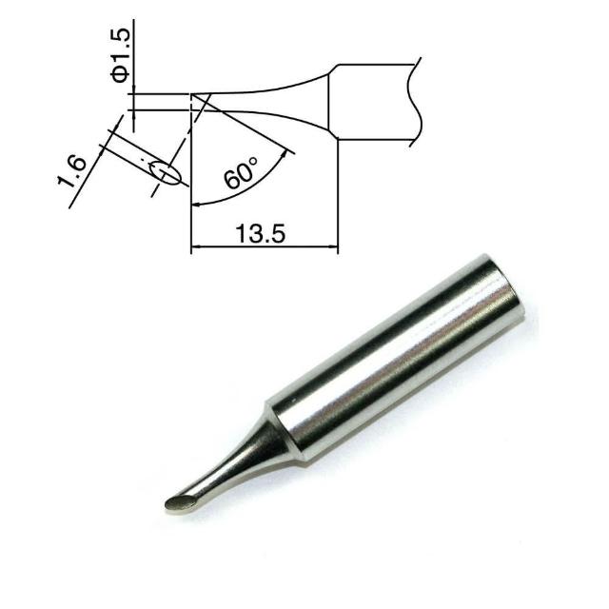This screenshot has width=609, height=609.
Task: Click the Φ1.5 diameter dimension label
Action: [120, 55]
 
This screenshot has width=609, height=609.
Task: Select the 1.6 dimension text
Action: [72, 171]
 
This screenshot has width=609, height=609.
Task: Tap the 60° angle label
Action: [241, 173]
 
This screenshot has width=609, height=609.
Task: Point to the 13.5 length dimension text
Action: [260, 233]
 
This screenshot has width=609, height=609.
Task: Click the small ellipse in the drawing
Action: [165, 172]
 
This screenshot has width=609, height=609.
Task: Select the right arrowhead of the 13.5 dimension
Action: [333, 246]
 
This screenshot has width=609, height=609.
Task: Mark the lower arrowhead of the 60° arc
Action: [197, 204]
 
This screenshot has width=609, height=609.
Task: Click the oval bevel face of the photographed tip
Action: [180, 503]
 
